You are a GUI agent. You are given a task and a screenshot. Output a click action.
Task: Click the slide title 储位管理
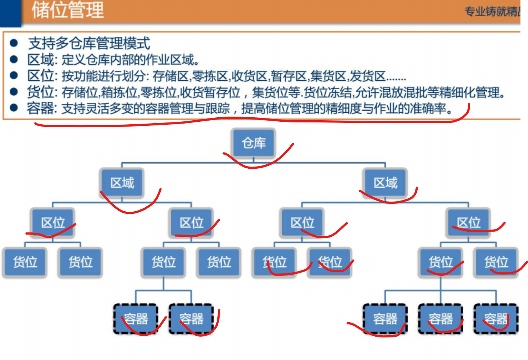coord(67,10)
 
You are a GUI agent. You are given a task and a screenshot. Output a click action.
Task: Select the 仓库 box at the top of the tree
coord(254,143)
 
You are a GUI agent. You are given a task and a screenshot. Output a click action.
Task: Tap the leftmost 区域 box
coord(122,182)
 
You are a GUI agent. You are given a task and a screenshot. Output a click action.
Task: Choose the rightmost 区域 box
coord(385,182)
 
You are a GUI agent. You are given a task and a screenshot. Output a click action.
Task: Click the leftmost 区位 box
coord(53,222)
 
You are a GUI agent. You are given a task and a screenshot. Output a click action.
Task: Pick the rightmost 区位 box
coord(468,222)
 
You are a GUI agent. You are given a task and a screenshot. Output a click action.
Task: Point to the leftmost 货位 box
coord(25,262)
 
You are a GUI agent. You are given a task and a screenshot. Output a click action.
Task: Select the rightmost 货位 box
coord(496,262)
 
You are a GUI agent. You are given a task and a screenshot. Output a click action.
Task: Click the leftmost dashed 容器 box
coord(136,319)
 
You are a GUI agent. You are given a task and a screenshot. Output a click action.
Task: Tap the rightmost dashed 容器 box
coord(496,319)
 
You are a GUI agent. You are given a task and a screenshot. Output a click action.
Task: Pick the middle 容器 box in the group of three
coord(441,319)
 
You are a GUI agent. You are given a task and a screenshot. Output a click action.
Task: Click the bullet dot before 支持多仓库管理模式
coord(14,43)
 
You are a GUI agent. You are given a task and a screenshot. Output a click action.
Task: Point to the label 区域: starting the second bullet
coord(41,60)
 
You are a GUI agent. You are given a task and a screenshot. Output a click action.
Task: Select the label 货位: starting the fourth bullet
coord(41,92)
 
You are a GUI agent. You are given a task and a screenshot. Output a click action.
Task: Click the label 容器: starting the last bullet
coord(41,108)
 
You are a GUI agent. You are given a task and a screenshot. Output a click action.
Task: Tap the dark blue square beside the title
coord(10,12)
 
